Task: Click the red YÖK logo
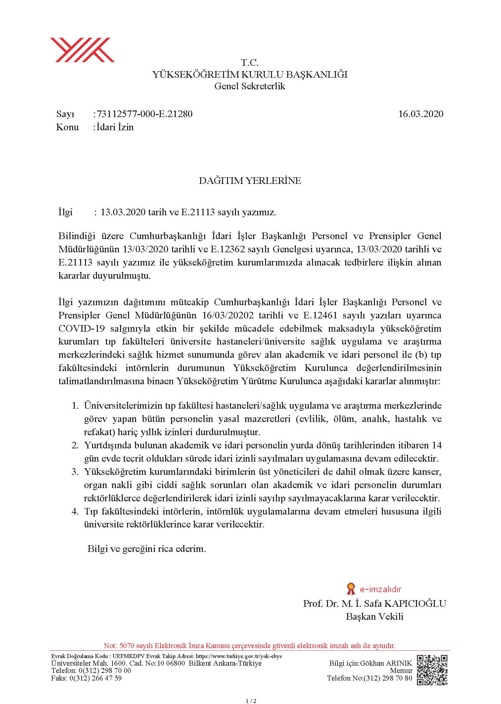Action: (82, 50)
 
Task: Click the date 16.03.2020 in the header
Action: (421, 114)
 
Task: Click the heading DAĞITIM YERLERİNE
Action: (250, 181)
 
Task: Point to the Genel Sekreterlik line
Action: (250, 86)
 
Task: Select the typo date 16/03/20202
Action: (227, 315)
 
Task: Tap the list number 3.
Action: (75, 472)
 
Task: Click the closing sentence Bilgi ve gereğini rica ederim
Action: (147, 549)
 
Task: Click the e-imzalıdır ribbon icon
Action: (350, 589)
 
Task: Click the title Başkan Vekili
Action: (375, 616)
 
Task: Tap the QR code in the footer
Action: (432, 670)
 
